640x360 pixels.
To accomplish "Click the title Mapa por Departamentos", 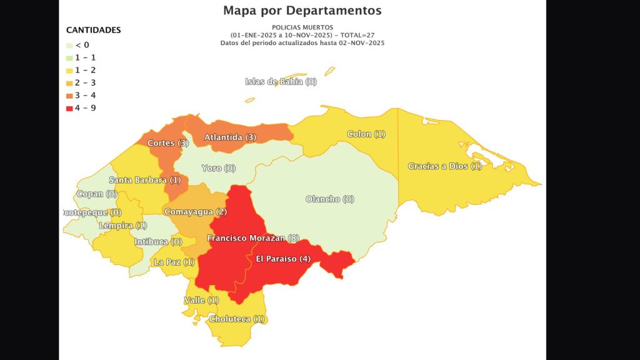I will click(302, 11).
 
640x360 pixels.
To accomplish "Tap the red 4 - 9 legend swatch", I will click(70, 108).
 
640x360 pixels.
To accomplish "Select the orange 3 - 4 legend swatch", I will click(70, 96).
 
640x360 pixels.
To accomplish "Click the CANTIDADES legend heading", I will click(93, 30).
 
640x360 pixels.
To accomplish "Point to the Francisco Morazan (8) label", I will click(253, 238).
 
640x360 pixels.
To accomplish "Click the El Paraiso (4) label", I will click(283, 259).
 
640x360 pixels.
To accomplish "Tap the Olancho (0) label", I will click(330, 199).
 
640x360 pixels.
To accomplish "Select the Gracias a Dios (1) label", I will click(445, 166).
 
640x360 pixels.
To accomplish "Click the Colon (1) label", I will click(366, 134).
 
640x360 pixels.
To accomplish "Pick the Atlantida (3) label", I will click(230, 137).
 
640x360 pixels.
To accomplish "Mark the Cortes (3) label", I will click(168, 143).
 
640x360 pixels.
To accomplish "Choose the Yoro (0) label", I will click(219, 168).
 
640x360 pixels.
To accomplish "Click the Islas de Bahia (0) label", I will click(281, 82).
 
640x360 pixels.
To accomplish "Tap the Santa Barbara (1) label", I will click(144, 180).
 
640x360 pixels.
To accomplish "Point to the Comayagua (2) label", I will click(195, 212).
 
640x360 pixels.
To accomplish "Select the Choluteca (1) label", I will click(237, 319).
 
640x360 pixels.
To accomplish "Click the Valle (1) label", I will click(201, 301).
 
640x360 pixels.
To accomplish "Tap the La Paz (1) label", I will click(174, 262).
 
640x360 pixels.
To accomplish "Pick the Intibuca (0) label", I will click(158, 242).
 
